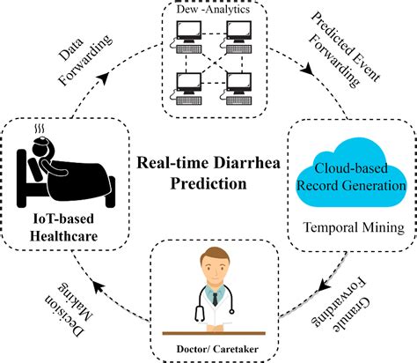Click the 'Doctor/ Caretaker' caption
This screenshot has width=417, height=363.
coord(208,350)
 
